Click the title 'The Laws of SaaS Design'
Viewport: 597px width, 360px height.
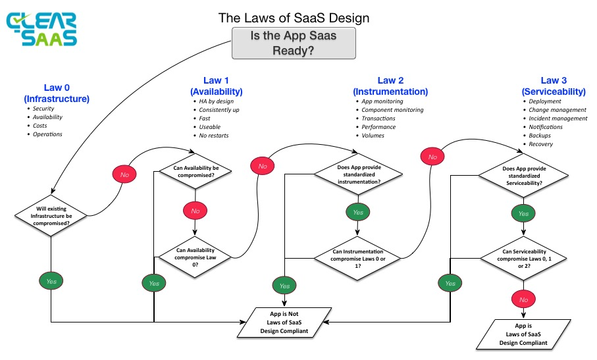point(294,18)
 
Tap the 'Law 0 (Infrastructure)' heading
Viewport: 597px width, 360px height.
point(57,93)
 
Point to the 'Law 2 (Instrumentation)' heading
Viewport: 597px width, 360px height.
point(390,86)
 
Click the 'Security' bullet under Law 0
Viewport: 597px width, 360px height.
point(45,109)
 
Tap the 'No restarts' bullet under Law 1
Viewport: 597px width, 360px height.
point(215,136)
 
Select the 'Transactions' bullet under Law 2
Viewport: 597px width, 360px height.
point(378,118)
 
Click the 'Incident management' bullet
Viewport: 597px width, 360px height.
point(558,118)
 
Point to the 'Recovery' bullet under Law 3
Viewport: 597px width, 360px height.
point(541,144)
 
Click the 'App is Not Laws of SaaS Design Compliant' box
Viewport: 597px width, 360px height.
point(284,322)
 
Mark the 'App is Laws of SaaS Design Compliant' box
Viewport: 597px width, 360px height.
point(524,334)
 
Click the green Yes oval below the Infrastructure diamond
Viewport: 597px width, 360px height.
point(51,281)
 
